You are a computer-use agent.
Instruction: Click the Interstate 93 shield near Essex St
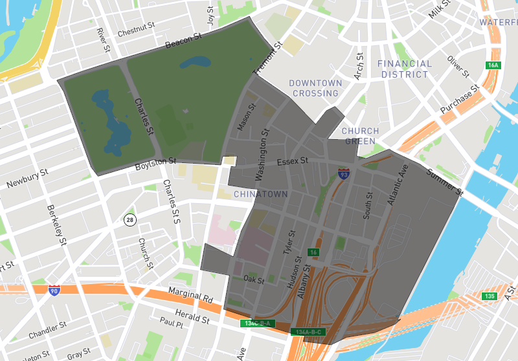point(344,173)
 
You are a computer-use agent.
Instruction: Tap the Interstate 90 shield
point(54,290)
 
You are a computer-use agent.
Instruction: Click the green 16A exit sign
point(493,65)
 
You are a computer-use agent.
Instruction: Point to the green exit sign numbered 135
point(490,296)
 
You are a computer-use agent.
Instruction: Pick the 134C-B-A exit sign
point(258,323)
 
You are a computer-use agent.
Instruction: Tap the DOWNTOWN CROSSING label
point(315,88)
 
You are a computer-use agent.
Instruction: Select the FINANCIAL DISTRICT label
point(404,69)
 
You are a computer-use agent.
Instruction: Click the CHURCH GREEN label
point(361,136)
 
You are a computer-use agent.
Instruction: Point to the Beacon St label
point(179,42)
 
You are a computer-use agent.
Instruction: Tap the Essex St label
point(291,161)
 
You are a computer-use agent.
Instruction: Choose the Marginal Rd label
point(190,294)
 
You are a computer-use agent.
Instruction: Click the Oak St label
point(253,279)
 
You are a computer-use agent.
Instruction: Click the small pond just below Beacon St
point(194,63)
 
